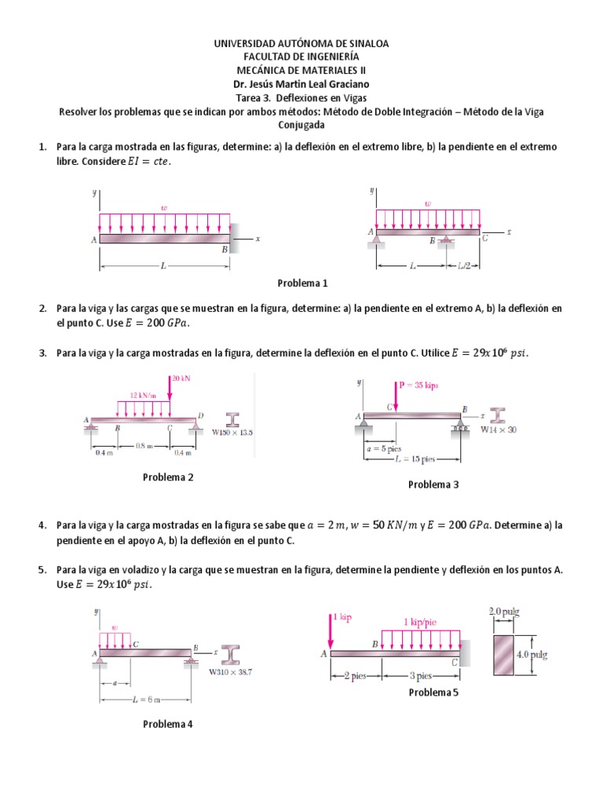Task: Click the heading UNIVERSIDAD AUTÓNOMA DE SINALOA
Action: (x=301, y=44)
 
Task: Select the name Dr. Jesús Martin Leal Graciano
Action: (x=301, y=84)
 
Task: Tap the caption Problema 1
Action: (x=302, y=283)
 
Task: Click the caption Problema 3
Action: (x=433, y=484)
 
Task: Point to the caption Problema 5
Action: (x=433, y=692)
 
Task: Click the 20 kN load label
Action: (x=181, y=378)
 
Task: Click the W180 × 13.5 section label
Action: (x=233, y=433)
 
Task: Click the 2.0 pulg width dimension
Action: (x=504, y=611)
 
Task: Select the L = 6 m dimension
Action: (x=146, y=700)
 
